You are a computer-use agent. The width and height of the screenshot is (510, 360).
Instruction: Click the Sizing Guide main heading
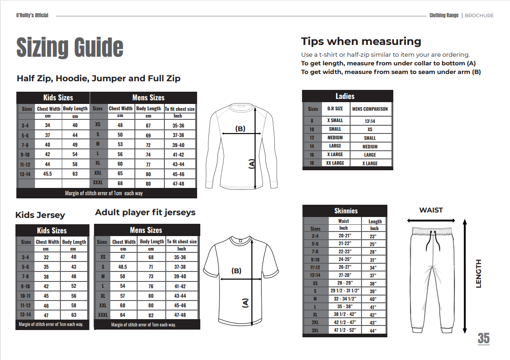pos(70,47)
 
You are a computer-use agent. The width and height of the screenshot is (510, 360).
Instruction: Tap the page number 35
pos(483,338)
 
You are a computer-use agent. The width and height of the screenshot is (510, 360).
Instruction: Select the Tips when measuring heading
pos(361,41)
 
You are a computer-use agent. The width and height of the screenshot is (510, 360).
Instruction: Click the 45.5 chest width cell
pos(48,173)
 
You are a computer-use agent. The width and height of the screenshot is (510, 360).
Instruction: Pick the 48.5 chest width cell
pos(122,267)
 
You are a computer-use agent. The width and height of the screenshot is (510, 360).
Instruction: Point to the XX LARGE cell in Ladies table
pos(335,163)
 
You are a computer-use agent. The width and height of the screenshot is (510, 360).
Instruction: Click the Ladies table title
pos(345,96)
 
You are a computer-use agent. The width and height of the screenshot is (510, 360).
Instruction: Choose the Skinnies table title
pos(346,211)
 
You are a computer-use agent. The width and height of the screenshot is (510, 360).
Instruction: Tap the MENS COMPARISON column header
pos(370,109)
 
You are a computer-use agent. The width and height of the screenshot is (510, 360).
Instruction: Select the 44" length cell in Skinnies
pos(374,330)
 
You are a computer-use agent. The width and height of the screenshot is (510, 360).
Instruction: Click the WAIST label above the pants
pos(431,210)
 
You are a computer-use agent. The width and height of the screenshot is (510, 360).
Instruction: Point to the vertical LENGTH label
pos(478,273)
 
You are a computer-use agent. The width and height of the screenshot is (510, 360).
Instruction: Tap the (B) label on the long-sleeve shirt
pos(240,128)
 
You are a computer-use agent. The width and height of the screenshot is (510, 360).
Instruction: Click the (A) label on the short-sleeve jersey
pos(245,303)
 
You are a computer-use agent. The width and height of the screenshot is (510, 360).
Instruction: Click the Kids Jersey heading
pos(40,215)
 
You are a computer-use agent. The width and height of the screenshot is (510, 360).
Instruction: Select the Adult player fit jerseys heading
pos(145,212)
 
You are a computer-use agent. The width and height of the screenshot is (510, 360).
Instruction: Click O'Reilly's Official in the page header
pos(32,15)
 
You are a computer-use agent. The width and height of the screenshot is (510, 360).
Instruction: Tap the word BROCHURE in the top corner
pos(479,15)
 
